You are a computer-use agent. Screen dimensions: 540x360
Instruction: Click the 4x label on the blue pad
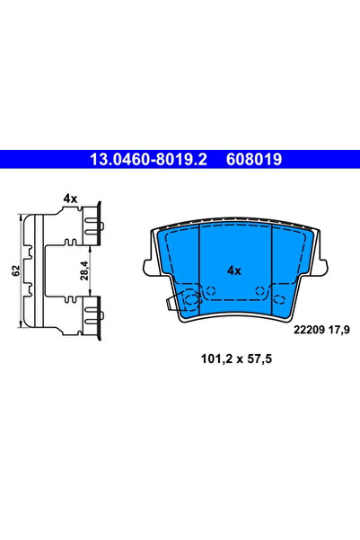click(234, 270)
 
